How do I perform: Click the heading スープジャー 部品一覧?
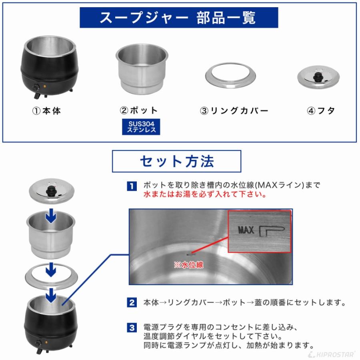(178, 18)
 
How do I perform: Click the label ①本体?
(47, 111)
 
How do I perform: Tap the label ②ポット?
(140, 111)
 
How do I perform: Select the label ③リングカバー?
(234, 111)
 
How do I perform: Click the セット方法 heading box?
(176, 161)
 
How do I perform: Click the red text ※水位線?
(188, 265)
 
